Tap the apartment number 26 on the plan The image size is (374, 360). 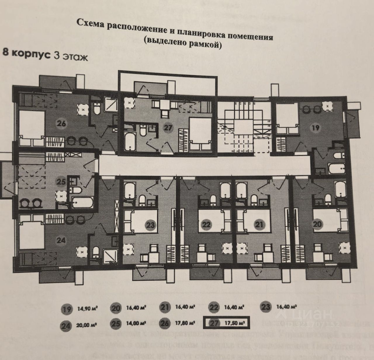coord(62,123)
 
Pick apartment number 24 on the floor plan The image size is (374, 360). coord(61,240)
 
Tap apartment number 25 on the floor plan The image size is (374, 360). coord(61,182)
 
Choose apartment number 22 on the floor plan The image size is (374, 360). coord(206,225)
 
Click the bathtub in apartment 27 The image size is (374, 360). coord(130,141)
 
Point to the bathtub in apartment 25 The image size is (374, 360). coord(82,202)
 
